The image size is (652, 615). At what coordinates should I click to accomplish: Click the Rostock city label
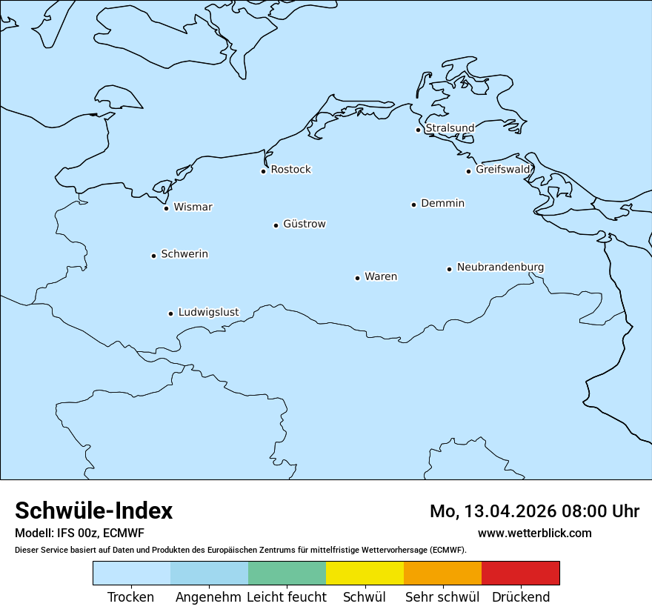point(290,170)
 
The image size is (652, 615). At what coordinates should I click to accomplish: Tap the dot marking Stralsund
point(418,130)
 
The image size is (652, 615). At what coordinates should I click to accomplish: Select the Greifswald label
point(503,170)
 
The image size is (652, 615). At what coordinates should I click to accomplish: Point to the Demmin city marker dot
point(413,205)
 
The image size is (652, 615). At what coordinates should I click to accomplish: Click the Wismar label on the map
point(193,207)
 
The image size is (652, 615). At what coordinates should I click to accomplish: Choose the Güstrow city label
point(304,224)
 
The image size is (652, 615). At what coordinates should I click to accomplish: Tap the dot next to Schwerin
point(153,256)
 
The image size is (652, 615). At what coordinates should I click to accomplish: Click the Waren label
point(381,276)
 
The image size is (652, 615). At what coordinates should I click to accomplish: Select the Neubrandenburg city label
point(500,267)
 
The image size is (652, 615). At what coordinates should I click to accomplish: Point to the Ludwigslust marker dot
point(170,313)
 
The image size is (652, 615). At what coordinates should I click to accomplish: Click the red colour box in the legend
point(520,573)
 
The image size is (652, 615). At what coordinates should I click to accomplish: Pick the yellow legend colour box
point(365,573)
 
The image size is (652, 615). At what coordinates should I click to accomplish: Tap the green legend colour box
point(287,573)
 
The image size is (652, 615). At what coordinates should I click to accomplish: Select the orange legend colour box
point(442,573)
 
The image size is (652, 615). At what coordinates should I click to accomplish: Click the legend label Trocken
point(131,597)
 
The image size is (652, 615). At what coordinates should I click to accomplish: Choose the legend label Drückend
point(521,597)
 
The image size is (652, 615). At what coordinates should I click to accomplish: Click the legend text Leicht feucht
point(287,597)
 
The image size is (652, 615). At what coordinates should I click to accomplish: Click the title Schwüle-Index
point(94,511)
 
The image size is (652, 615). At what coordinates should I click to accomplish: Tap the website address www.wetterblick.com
point(534,533)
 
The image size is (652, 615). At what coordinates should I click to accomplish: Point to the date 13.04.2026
point(510,511)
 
